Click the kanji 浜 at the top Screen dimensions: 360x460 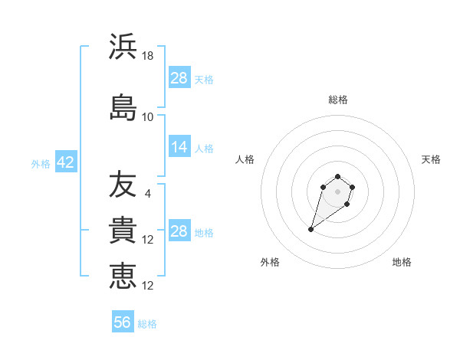point(123,47)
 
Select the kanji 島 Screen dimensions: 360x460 point(123,107)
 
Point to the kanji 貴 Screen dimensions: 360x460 point(123,231)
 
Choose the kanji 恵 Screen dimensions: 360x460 point(123,276)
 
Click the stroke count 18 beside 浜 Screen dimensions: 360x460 point(148,56)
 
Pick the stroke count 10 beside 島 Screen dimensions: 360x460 point(148,117)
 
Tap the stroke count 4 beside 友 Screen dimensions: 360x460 point(148,193)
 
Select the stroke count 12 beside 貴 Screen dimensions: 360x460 point(148,240)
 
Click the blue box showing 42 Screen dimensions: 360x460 point(64,163)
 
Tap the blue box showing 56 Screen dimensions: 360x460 point(123,322)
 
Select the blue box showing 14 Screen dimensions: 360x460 point(179,148)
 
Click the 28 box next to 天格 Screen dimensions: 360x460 point(179,78)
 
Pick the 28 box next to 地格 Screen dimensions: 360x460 point(179,231)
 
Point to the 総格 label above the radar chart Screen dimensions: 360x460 point(338,100)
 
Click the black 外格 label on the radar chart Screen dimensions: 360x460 point(270,262)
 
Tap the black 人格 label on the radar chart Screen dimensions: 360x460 point(245,159)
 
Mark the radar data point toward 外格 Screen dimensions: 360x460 point(311,229)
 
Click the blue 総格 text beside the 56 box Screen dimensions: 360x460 point(147,324)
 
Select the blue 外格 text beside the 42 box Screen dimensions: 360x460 point(40,164)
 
